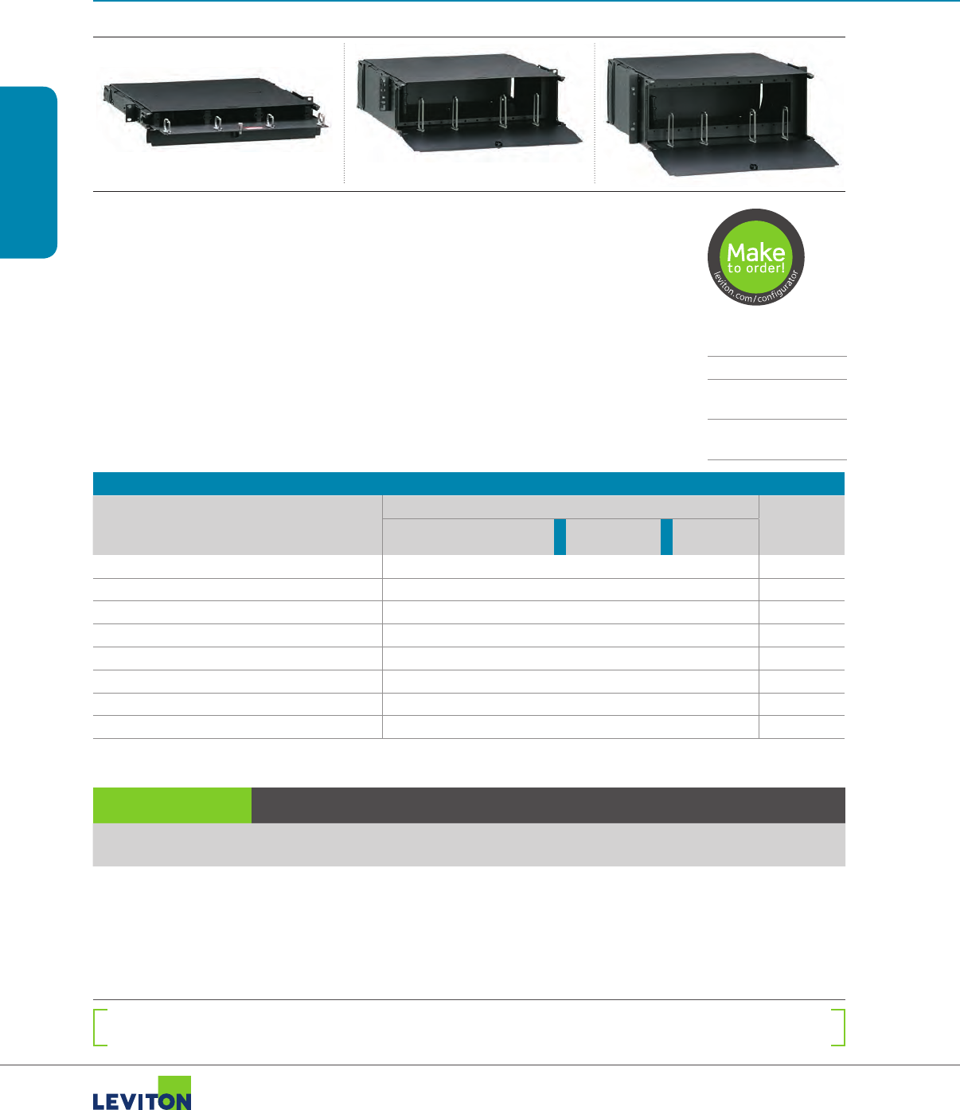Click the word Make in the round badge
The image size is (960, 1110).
(x=755, y=252)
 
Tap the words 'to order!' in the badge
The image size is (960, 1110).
(x=755, y=268)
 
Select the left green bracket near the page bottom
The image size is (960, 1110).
(x=100, y=1027)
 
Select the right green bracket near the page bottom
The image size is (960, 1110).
(x=838, y=1027)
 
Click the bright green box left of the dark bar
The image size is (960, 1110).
(x=172, y=805)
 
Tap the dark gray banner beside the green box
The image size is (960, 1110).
(x=548, y=805)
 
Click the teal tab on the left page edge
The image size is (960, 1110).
(x=29, y=172)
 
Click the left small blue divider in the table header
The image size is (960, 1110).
(x=560, y=537)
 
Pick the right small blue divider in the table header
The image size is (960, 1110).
(x=666, y=537)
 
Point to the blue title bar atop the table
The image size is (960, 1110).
(x=468, y=483)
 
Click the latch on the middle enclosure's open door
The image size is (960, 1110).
(x=498, y=144)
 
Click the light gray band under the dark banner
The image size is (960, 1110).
(x=468, y=844)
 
